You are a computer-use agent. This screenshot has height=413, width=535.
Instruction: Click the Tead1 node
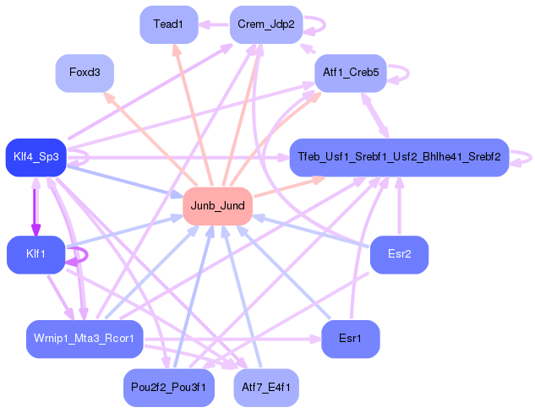168,24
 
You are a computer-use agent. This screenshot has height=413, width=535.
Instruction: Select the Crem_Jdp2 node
265,24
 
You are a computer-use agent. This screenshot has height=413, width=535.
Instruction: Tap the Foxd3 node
85,73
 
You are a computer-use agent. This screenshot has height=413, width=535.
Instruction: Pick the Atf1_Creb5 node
350,73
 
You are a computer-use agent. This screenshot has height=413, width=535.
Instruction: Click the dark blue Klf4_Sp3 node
35,157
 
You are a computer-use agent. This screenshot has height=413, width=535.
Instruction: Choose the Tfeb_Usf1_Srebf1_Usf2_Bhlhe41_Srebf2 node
398,157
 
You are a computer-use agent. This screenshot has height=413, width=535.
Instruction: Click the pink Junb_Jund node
218,205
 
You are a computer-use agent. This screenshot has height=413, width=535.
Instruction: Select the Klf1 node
35,254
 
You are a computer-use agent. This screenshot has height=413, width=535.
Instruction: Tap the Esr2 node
399,254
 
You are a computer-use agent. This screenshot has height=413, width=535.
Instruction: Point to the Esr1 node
350,339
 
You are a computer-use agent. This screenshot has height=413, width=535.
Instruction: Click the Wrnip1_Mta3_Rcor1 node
85,339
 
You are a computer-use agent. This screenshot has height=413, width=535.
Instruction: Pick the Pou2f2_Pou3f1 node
168,387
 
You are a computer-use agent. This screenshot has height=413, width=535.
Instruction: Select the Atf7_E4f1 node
265,387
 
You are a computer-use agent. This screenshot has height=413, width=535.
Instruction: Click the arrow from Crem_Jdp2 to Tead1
214,24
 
